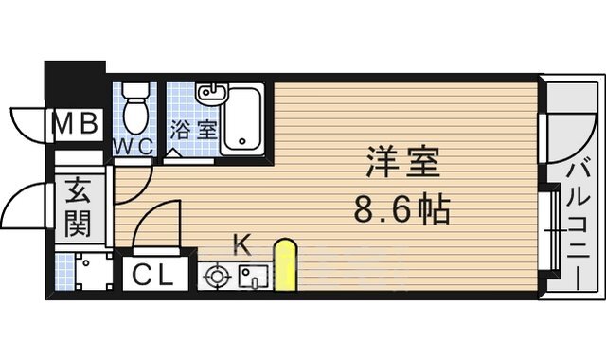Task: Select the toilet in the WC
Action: [137, 107]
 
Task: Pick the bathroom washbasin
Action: [209, 95]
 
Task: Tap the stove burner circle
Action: [218, 278]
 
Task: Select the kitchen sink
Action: [253, 277]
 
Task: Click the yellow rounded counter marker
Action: [285, 265]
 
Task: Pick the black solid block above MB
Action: [75, 83]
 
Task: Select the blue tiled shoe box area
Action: [85, 271]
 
